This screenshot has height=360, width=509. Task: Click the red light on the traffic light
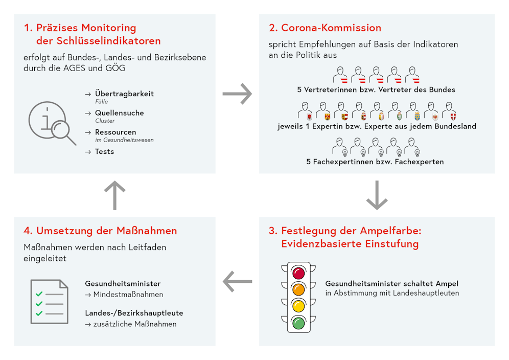click(x=298, y=273)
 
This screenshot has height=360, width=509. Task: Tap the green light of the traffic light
click(x=298, y=323)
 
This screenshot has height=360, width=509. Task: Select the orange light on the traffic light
click(x=298, y=289)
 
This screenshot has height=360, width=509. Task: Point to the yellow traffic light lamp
click(x=298, y=306)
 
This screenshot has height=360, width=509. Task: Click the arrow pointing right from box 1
click(x=238, y=94)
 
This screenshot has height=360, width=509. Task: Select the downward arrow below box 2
click(x=377, y=195)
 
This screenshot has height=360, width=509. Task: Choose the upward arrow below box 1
click(x=114, y=195)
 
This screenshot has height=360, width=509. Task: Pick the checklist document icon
click(x=49, y=301)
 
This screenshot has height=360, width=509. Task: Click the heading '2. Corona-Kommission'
click(x=325, y=28)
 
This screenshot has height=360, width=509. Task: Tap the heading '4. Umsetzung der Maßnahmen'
click(x=100, y=231)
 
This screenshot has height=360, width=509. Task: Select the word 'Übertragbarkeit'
click(x=124, y=94)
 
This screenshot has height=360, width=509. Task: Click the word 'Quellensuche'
click(x=120, y=113)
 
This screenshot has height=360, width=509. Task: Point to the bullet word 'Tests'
click(x=104, y=152)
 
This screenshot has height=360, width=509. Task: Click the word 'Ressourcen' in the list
click(x=115, y=132)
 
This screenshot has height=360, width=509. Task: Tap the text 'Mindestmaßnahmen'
click(x=128, y=295)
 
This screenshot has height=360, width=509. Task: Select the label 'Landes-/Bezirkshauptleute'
click(x=134, y=313)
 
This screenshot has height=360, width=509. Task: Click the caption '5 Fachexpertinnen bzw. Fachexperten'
click(x=375, y=162)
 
